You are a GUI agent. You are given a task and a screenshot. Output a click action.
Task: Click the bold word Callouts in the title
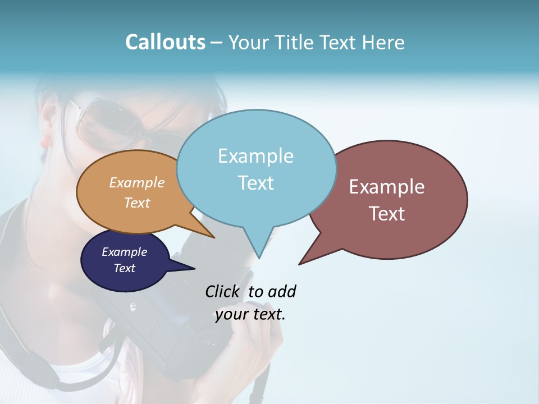click(x=165, y=42)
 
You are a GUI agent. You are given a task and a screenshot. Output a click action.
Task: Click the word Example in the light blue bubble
click(x=255, y=156)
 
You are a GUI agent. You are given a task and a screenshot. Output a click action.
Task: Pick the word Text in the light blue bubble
click(x=255, y=182)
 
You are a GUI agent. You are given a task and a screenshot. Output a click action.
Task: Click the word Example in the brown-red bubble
click(x=387, y=187)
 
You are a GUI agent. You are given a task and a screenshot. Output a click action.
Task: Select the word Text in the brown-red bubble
click(x=387, y=214)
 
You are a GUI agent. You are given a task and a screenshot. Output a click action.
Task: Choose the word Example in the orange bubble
click(x=137, y=182)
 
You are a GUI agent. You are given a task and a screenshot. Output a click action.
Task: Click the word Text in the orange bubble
click(x=137, y=203)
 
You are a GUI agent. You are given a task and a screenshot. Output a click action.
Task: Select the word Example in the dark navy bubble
click(x=124, y=252)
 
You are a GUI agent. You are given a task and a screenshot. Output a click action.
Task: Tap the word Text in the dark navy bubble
click(x=124, y=268)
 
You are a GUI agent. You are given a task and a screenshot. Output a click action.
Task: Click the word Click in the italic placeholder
click(x=222, y=291)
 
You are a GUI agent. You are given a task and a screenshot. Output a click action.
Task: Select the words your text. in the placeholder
click(x=250, y=314)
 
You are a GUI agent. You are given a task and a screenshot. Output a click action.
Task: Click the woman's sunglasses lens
click(x=101, y=123)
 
